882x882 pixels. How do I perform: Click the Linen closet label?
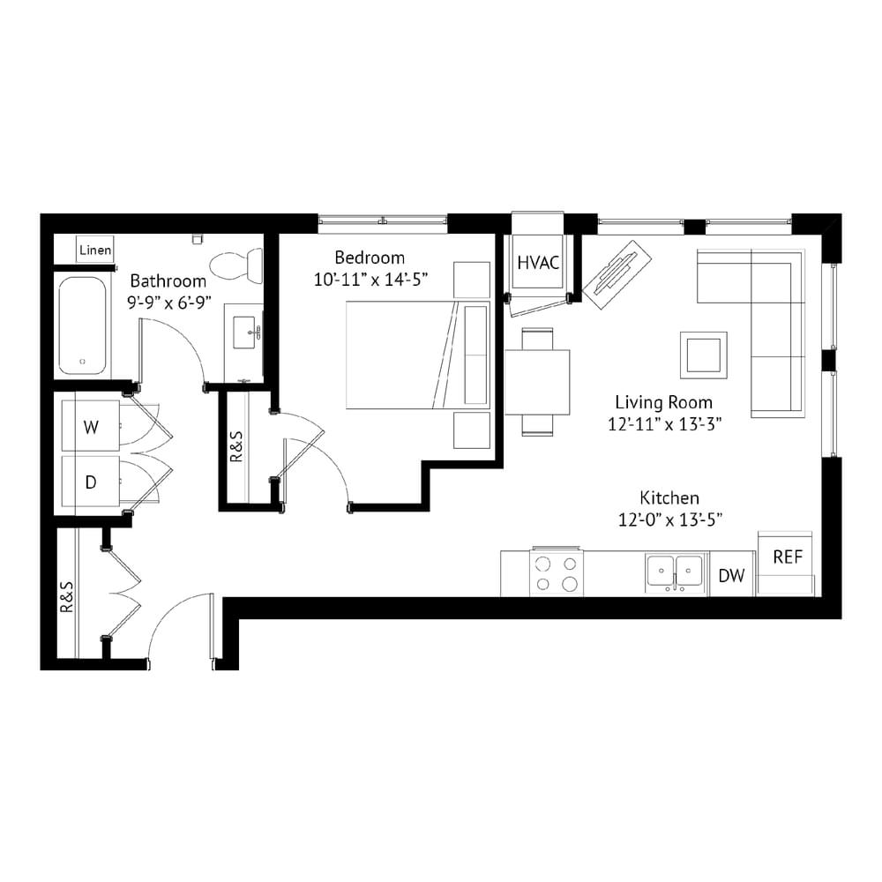point(95,250)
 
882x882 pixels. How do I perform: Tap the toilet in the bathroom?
point(236,266)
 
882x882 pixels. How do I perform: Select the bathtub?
point(83,325)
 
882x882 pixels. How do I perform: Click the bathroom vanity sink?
point(246,333)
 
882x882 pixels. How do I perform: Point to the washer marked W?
point(91,426)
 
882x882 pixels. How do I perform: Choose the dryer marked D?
point(91,482)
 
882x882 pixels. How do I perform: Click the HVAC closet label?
point(538,263)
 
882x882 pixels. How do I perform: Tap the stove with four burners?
point(557,572)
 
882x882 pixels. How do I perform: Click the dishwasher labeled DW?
point(731,575)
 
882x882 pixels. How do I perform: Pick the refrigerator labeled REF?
point(786,563)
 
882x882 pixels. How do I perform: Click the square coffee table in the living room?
point(703,355)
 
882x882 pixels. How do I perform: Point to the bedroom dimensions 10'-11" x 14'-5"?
point(371,279)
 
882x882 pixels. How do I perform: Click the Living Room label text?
point(664,402)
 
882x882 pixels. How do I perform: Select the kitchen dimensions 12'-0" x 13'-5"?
point(670,519)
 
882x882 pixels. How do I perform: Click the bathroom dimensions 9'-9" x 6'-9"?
point(168,303)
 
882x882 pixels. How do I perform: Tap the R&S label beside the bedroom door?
point(236,446)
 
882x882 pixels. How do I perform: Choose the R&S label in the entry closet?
point(66,597)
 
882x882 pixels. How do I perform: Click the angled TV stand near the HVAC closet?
point(617,274)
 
